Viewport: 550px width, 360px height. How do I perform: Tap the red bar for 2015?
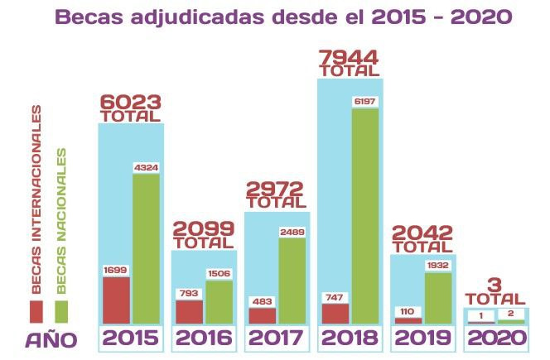(116, 300)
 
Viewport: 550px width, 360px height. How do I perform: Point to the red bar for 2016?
(189, 311)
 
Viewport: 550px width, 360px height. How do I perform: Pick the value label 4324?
(147, 168)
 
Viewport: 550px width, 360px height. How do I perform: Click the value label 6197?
(365, 101)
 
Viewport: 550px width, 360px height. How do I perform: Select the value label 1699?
(116, 270)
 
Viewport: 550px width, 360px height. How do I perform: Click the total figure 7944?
(348, 58)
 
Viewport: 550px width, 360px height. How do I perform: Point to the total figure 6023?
(129, 102)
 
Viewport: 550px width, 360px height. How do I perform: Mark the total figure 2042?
(421, 233)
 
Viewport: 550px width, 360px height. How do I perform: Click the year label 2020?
(495, 338)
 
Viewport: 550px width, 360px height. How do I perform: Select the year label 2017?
(276, 338)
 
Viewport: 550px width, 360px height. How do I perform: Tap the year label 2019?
(422, 338)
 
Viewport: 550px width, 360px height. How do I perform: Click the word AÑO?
(51, 339)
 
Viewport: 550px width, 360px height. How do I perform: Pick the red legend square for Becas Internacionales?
(36, 311)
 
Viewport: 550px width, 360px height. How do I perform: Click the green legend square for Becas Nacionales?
(60, 311)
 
